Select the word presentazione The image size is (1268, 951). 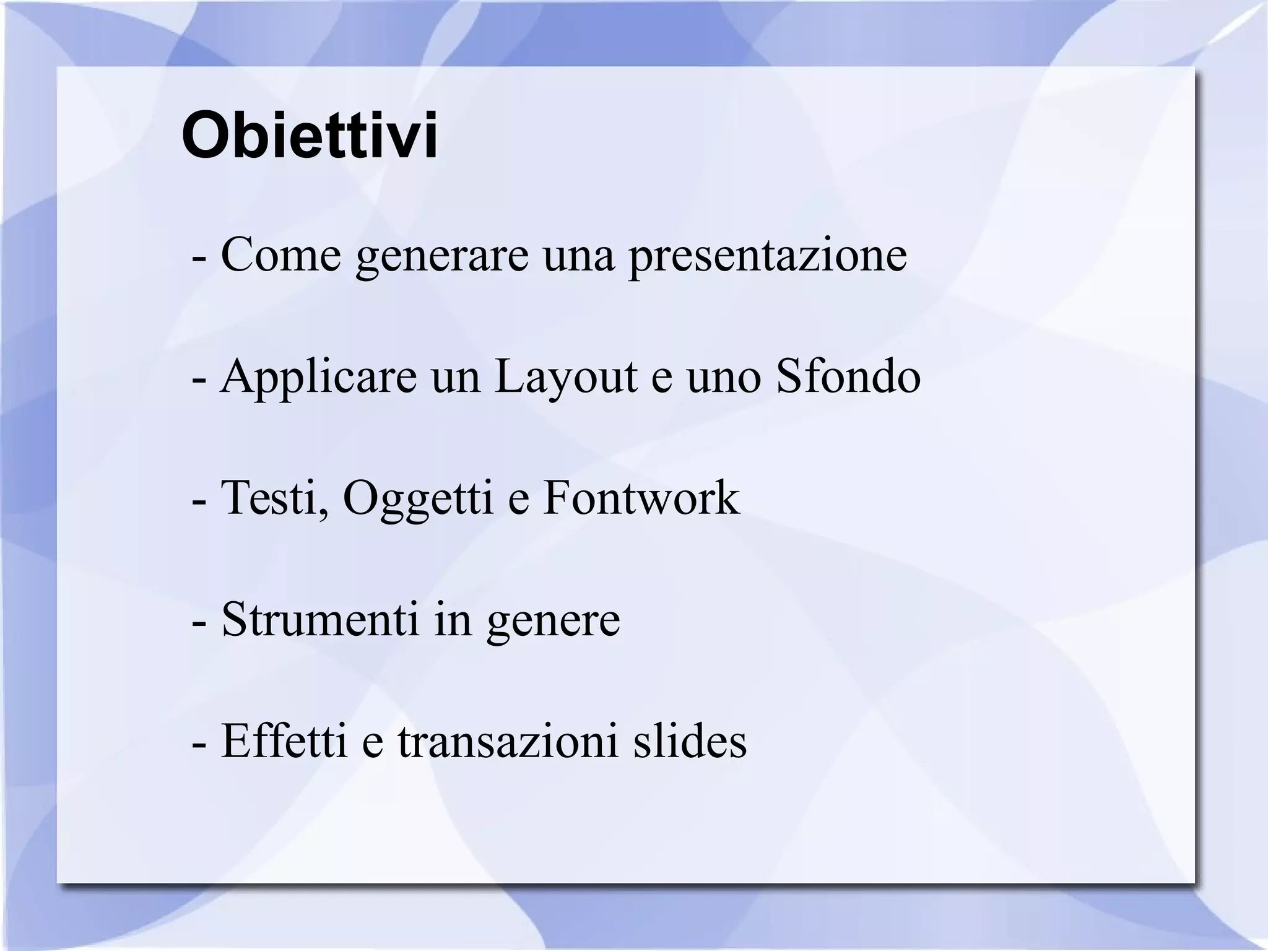[x=768, y=256]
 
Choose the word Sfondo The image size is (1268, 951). [x=848, y=376]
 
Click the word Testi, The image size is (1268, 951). [x=274, y=499]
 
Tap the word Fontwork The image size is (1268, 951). [x=641, y=498]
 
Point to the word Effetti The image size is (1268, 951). [x=284, y=740]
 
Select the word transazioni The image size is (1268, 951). [x=507, y=742]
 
